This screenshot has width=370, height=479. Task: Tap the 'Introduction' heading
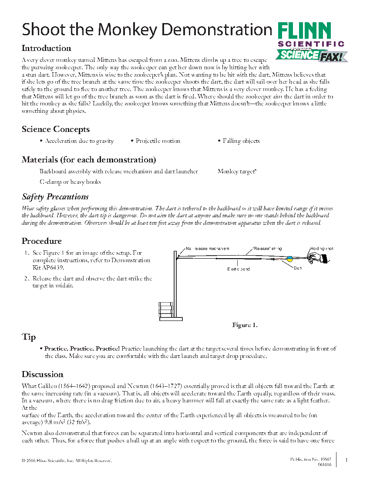[x=46, y=48]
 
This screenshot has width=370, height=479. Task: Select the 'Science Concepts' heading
[x=56, y=129]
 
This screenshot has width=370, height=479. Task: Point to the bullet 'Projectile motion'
[x=158, y=141]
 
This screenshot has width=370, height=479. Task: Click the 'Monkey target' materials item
[x=237, y=172]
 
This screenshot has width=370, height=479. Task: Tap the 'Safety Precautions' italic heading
[x=55, y=197]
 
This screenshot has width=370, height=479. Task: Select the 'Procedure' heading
[x=42, y=241]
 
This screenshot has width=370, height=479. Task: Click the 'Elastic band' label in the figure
[x=239, y=269]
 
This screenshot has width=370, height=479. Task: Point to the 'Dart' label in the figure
[x=298, y=268]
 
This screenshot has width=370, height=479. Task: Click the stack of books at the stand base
[x=165, y=310]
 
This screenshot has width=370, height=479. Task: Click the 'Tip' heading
[x=29, y=337]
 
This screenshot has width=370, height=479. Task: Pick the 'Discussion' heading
[x=43, y=374]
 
